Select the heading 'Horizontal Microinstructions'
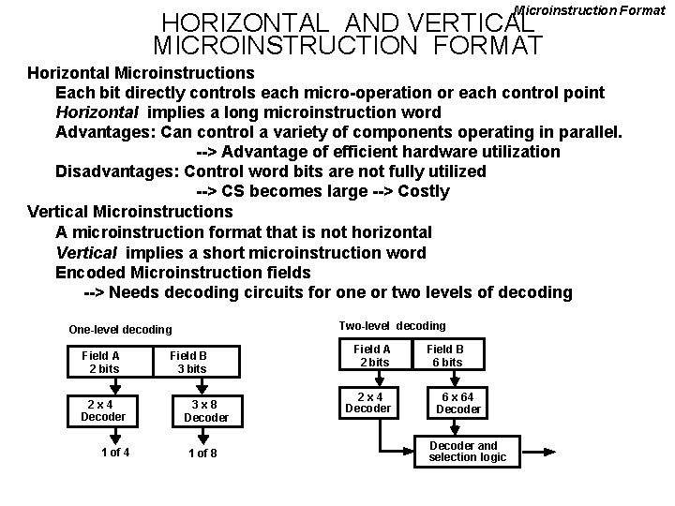[141, 72]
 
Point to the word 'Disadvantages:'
[117, 171]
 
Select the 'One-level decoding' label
[120, 330]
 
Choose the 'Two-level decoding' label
[392, 326]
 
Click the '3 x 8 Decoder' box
[205, 410]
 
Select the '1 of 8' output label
[202, 454]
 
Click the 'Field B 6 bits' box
[445, 355]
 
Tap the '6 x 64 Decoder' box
[458, 402]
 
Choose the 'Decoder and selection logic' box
[466, 451]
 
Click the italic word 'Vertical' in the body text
[86, 252]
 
